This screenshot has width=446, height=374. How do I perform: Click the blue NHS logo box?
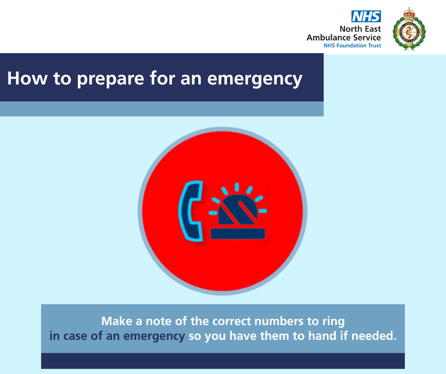(x=366, y=17)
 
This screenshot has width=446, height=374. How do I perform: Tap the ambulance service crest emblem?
(x=409, y=29)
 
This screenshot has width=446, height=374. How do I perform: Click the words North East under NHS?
(x=360, y=29)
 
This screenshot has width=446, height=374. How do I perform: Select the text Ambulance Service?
(x=344, y=37)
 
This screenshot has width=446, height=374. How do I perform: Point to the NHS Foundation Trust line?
(x=352, y=46)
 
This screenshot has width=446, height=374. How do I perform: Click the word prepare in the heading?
(x=111, y=79)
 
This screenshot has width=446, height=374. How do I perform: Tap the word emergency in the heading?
(x=255, y=79)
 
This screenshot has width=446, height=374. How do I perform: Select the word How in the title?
(x=28, y=78)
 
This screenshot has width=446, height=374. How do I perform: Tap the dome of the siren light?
(x=238, y=210)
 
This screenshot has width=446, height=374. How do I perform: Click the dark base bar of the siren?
(x=238, y=234)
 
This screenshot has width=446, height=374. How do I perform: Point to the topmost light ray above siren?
(x=237, y=187)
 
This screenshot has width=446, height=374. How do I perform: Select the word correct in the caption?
(x=232, y=321)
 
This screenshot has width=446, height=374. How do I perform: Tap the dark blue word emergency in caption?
(x=154, y=337)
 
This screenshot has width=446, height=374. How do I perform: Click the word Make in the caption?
(x=117, y=321)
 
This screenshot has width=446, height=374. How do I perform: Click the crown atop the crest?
(x=409, y=14)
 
